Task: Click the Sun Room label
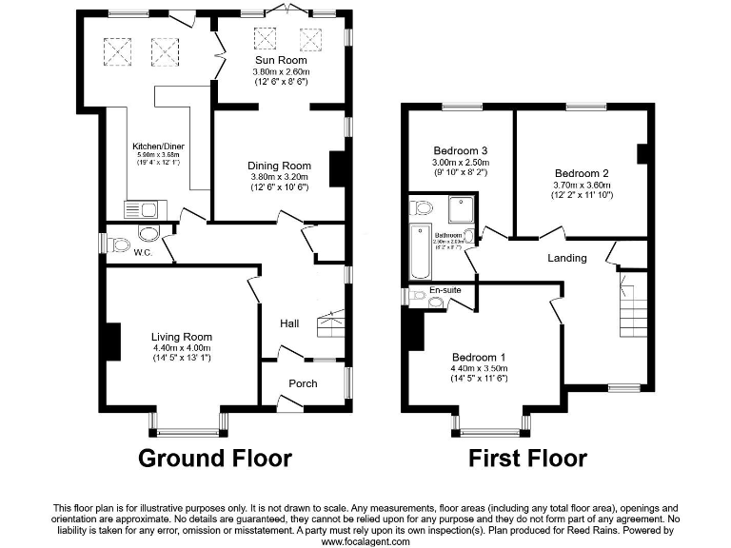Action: (280, 60)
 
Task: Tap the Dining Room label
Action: (280, 166)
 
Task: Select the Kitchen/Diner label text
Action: (157, 147)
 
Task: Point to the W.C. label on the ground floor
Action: (143, 253)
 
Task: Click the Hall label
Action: (289, 323)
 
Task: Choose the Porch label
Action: (302, 383)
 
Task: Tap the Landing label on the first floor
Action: (566, 258)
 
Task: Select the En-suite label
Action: (444, 289)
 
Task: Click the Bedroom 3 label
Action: (461, 150)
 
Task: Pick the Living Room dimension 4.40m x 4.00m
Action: (181, 347)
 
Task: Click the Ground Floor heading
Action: (215, 458)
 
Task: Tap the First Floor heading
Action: (527, 458)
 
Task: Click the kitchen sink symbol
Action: (145, 208)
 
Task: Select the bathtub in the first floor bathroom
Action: (420, 254)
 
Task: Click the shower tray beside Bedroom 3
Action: (461, 207)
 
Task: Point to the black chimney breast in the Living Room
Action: (112, 342)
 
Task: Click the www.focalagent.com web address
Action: (365, 541)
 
